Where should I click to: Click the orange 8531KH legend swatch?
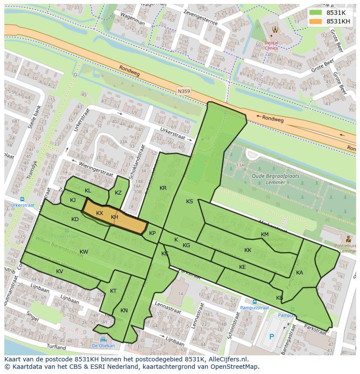[x=316, y=21]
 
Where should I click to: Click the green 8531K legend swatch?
[x=316, y=13]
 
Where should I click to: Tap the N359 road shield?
[x=183, y=91]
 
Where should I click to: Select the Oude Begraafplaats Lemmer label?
[x=268, y=179]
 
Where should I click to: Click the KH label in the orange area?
[x=114, y=217]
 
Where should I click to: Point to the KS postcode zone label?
[x=190, y=202]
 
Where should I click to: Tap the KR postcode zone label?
[x=163, y=188]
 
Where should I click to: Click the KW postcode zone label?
[x=84, y=252]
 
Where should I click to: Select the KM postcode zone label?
[x=264, y=235]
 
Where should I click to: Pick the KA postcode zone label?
[x=300, y=273]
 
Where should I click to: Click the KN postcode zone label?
[x=124, y=311]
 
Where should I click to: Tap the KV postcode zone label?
[x=60, y=271]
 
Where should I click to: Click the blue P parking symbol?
[x=272, y=336]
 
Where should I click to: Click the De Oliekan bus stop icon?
[x=103, y=340]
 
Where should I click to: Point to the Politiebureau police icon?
[x=348, y=239]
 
